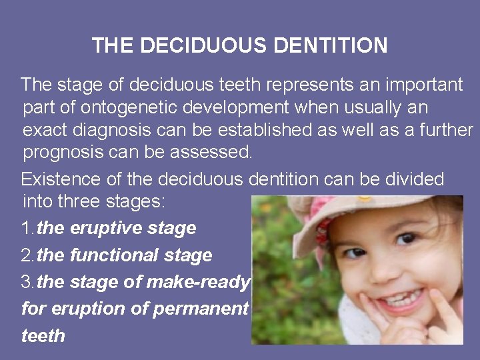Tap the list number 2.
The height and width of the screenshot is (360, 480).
pyautogui.click(x=27, y=255)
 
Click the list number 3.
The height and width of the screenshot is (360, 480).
pyautogui.click(x=27, y=283)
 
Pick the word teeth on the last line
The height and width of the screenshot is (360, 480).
pyautogui.click(x=43, y=335)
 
